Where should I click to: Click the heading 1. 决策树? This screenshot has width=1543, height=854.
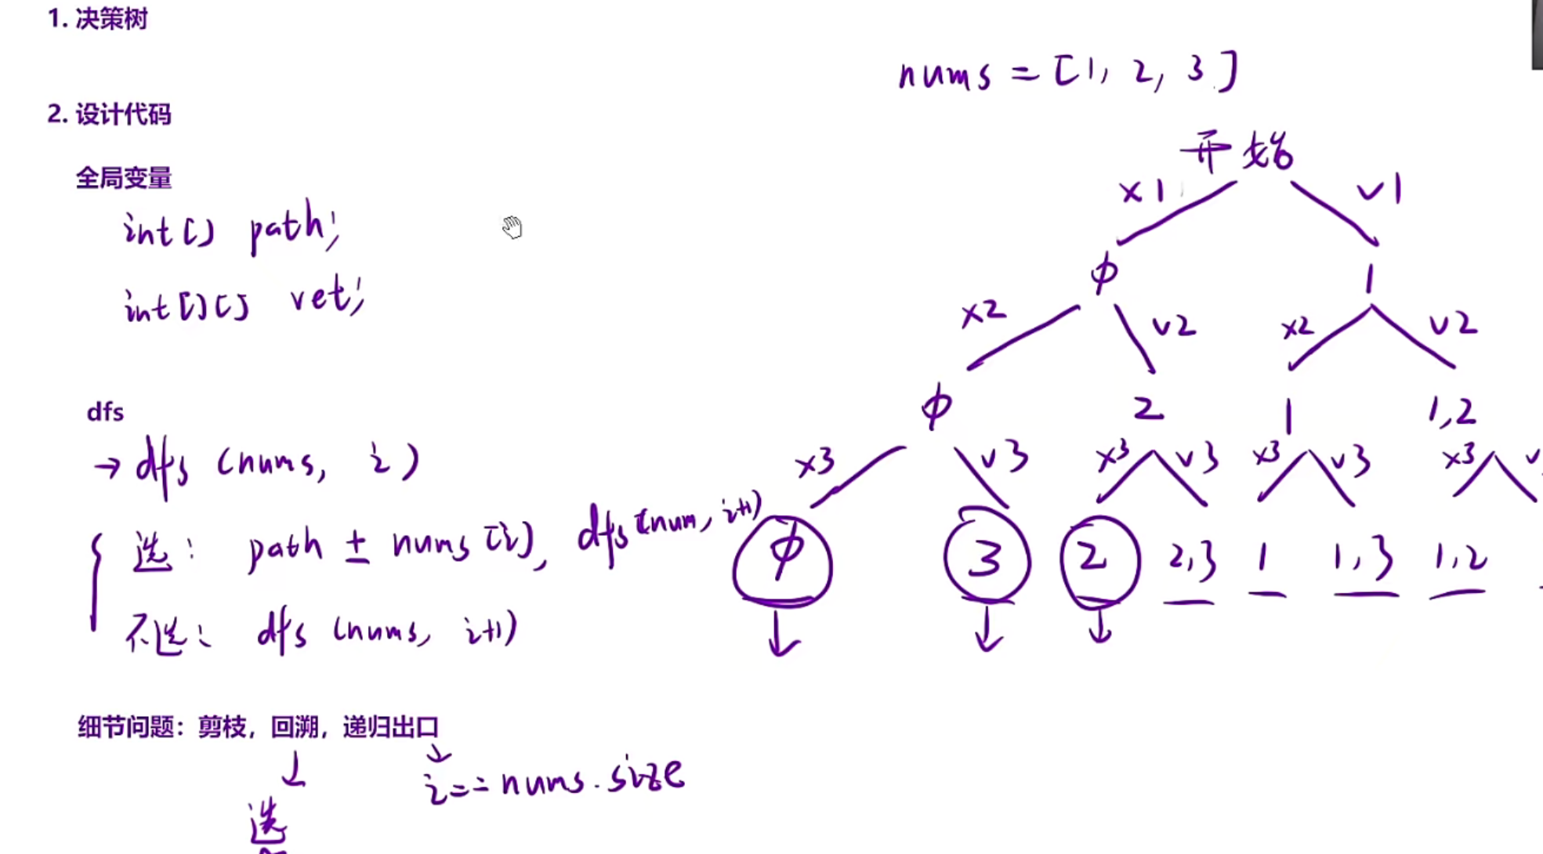(x=98, y=19)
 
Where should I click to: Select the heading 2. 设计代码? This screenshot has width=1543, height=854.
(x=109, y=114)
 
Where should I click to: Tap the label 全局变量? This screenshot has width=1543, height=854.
(x=124, y=178)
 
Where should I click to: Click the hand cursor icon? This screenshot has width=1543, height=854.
(x=512, y=227)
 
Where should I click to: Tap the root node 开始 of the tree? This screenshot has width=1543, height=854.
(x=1237, y=151)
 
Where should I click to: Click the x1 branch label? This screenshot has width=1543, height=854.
(x=1142, y=190)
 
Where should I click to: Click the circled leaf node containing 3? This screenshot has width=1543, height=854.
(x=987, y=558)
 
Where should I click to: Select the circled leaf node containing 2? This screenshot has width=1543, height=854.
(x=1099, y=559)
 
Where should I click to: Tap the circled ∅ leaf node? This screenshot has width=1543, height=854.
(x=783, y=559)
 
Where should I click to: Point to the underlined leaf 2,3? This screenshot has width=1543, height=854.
(x=1191, y=559)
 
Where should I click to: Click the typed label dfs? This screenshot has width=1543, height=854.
(x=105, y=412)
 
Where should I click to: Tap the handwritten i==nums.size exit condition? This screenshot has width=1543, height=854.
(x=553, y=780)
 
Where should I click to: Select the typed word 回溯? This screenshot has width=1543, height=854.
(x=294, y=727)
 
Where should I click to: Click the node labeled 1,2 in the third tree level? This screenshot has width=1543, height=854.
(x=1451, y=411)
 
